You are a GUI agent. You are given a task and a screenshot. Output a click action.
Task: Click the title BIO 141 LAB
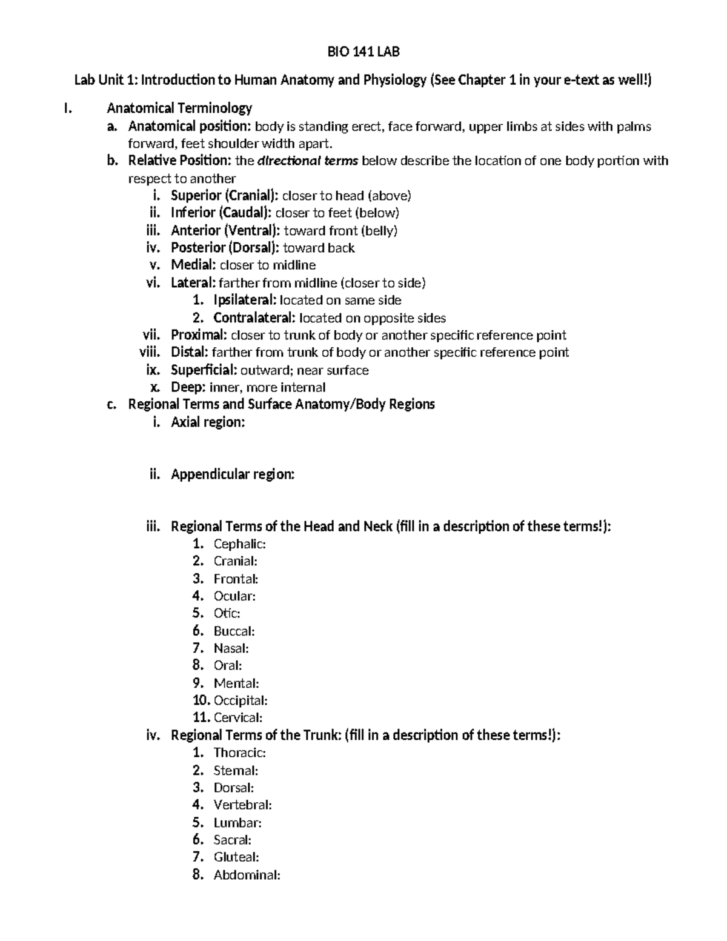click(363, 52)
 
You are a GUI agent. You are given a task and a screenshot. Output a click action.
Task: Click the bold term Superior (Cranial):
click(225, 196)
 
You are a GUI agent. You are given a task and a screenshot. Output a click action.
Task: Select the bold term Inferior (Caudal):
click(222, 213)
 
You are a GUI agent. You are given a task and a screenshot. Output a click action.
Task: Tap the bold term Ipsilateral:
click(245, 300)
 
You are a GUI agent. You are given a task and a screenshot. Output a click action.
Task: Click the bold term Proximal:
click(199, 335)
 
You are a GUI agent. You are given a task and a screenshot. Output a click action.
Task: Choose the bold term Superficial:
click(204, 370)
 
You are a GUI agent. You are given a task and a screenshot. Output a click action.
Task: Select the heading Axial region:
click(208, 422)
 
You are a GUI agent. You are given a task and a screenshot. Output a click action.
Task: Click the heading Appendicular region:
click(233, 474)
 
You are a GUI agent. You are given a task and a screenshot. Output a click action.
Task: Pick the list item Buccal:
click(234, 631)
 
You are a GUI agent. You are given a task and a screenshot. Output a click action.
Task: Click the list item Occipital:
click(241, 701)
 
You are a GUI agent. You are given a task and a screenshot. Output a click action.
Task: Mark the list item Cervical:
click(238, 718)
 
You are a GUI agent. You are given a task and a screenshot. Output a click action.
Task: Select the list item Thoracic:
click(240, 753)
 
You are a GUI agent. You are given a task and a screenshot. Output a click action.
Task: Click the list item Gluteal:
click(236, 857)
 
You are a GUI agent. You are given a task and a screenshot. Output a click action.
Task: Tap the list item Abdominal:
click(247, 875)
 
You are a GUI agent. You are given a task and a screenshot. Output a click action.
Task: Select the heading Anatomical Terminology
click(179, 108)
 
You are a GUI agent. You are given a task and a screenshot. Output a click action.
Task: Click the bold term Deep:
click(188, 388)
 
